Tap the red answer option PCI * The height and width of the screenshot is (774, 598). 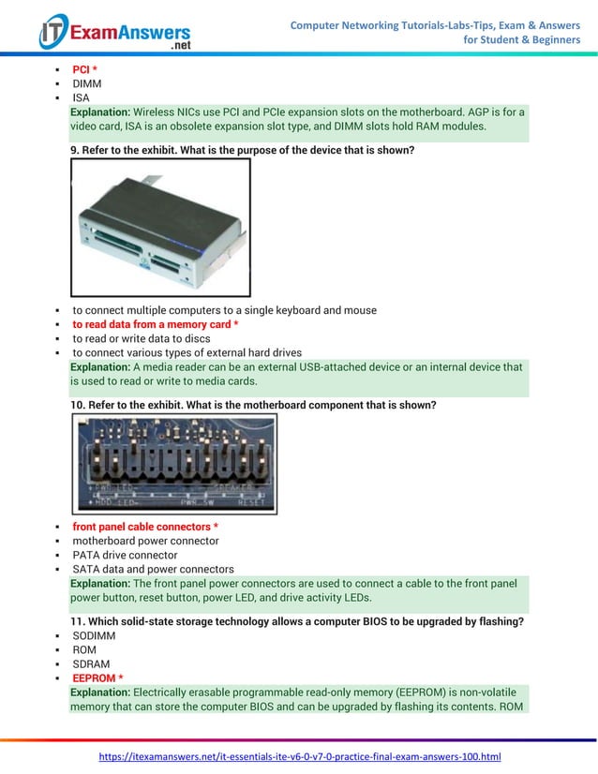click(x=85, y=70)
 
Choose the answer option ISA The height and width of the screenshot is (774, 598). click(x=82, y=98)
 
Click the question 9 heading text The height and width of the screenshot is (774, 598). click(x=242, y=150)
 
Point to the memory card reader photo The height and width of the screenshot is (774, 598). click(x=160, y=227)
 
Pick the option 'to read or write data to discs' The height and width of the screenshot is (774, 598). click(x=142, y=338)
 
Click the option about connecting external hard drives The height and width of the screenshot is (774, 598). click(x=187, y=352)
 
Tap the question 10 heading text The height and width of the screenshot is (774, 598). click(x=253, y=405)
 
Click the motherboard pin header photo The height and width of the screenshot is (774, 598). click(x=174, y=463)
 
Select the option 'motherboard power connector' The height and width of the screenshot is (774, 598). click(x=145, y=541)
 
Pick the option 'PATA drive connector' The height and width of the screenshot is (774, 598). click(x=125, y=555)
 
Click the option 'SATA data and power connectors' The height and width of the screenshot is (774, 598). click(x=153, y=569)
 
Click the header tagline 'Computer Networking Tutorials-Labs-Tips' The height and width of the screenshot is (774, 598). click(x=435, y=24)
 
